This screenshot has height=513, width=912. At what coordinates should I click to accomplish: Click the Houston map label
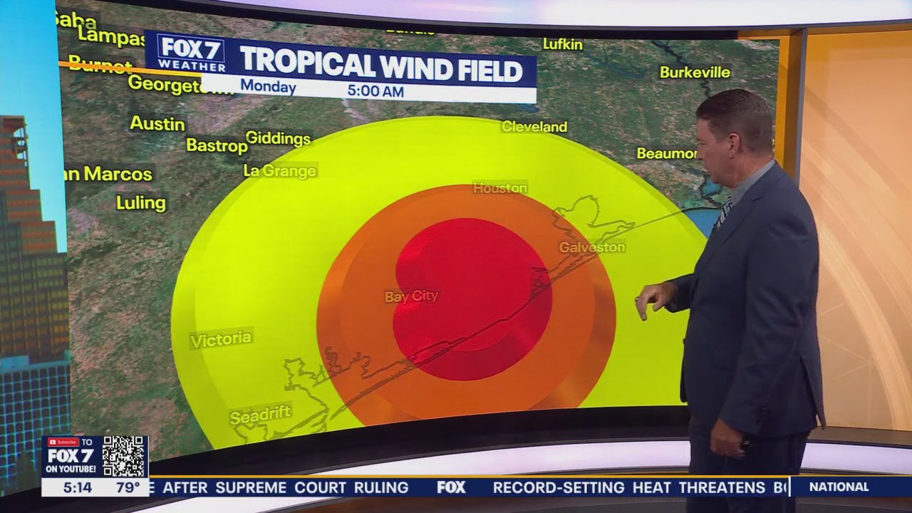(x=500, y=188)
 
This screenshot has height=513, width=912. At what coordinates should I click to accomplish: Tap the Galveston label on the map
(x=591, y=247)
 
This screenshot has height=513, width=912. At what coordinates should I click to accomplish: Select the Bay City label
(x=411, y=296)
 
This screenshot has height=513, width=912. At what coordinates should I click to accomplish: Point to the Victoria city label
(x=221, y=339)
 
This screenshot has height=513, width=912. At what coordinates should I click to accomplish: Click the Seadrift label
(x=260, y=415)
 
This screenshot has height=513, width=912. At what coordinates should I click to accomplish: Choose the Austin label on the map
(x=157, y=123)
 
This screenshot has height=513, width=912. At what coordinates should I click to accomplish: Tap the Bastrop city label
(x=217, y=145)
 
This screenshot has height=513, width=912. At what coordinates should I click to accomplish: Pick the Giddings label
(x=278, y=138)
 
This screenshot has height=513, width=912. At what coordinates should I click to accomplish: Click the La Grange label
(x=279, y=171)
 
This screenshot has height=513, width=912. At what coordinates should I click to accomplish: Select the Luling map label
(x=141, y=203)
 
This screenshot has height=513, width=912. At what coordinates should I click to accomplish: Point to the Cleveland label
(x=534, y=127)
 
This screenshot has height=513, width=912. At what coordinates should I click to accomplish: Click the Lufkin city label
(x=562, y=44)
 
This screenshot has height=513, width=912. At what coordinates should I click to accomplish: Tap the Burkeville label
(x=695, y=72)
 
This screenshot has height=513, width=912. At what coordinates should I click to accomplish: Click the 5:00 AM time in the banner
(x=375, y=91)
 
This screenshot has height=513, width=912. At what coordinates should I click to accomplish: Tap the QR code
(x=124, y=456)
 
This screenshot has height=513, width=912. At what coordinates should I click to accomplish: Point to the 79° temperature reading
(x=128, y=488)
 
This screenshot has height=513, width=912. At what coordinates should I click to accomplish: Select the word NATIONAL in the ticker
(x=839, y=487)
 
